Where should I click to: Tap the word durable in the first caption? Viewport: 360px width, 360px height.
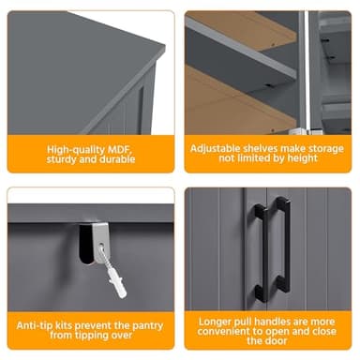point(112,159)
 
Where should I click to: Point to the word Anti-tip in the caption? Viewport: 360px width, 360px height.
point(37,325)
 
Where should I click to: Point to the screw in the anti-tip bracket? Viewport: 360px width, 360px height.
point(98,251)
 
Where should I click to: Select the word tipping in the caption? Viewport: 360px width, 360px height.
point(92,337)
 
